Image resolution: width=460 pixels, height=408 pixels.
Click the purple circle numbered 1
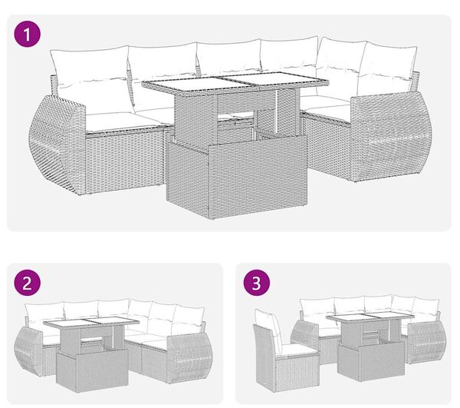pyautogui.click(x=28, y=34)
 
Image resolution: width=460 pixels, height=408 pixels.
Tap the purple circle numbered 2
pyautogui.click(x=28, y=284)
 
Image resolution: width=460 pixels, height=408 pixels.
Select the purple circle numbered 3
pyautogui.click(x=256, y=284)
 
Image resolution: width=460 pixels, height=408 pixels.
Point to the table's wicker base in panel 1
pyautogui.click(x=236, y=176)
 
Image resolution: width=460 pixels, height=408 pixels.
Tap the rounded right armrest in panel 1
pyautogui.click(x=391, y=136)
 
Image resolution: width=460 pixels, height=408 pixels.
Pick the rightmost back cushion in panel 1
pyautogui.click(x=388, y=69)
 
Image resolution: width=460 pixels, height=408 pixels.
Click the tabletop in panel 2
pyautogui.click(x=86, y=324)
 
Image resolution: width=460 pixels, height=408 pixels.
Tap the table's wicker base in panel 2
pyautogui.click(x=93, y=371)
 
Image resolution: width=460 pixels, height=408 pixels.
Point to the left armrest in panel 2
pyautogui.click(x=28, y=352)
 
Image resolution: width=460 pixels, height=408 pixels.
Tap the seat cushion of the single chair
pyautogui.click(x=297, y=350)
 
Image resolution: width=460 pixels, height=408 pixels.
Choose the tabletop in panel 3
pyautogui.click(x=370, y=318)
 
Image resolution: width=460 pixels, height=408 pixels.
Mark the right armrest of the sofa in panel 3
pyautogui.click(x=426, y=343)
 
